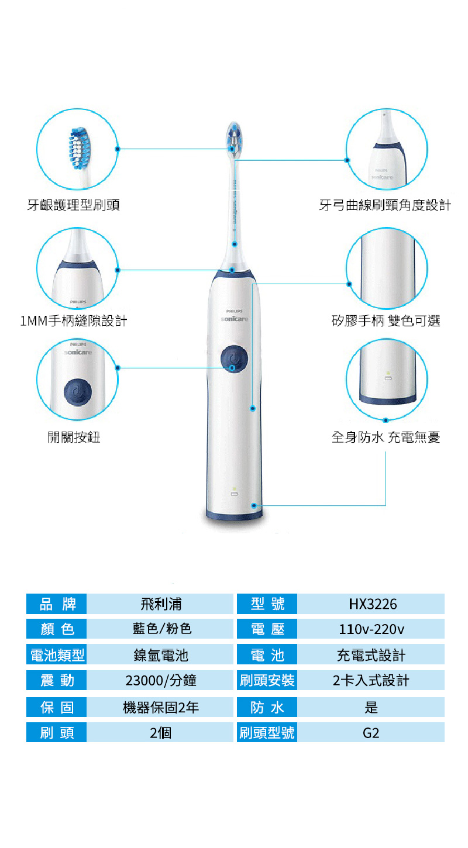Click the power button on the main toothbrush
[x=234, y=358]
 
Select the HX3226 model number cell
[x=371, y=604]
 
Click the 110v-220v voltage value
[x=371, y=629]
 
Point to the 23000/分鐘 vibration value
[x=161, y=680]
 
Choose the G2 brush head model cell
[x=371, y=733]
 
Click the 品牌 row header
[x=56, y=604]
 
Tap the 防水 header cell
[x=267, y=707]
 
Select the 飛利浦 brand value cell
[x=160, y=604]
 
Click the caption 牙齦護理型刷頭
[x=74, y=205]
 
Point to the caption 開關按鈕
[x=74, y=437]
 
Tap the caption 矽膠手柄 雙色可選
[x=386, y=321]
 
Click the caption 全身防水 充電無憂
[x=386, y=437]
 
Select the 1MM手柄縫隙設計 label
[x=74, y=321]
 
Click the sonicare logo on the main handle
[x=235, y=319]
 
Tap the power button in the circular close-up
[x=78, y=392]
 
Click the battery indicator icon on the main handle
[x=235, y=494]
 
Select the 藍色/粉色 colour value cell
[x=160, y=629]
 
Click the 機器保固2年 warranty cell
[x=160, y=707]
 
